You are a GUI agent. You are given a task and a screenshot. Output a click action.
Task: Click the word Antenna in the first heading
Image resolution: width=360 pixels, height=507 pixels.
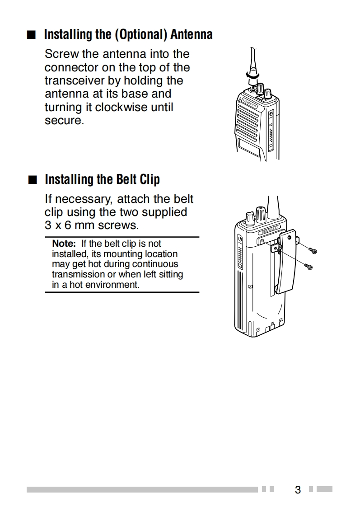(x=191, y=34)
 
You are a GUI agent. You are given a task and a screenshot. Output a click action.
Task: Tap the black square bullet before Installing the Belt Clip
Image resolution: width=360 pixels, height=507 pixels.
(x=32, y=180)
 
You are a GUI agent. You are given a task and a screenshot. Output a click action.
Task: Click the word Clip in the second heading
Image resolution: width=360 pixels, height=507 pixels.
(x=150, y=179)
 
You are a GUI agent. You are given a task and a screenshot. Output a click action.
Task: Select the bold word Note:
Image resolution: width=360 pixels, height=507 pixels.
(x=63, y=244)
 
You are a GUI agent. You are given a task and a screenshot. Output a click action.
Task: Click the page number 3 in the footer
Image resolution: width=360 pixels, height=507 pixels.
(x=298, y=489)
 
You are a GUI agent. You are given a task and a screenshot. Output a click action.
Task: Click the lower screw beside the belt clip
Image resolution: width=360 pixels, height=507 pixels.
(x=309, y=267)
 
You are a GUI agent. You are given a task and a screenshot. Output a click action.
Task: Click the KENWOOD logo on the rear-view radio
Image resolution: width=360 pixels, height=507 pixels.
(x=270, y=230)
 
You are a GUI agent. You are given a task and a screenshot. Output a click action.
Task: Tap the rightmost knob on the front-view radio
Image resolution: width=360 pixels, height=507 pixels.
(x=268, y=94)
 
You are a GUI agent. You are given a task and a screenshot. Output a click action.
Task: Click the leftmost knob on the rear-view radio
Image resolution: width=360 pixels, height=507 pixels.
(x=249, y=218)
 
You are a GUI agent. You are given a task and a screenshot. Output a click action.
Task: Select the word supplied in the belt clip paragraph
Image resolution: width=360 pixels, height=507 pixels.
(x=164, y=211)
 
